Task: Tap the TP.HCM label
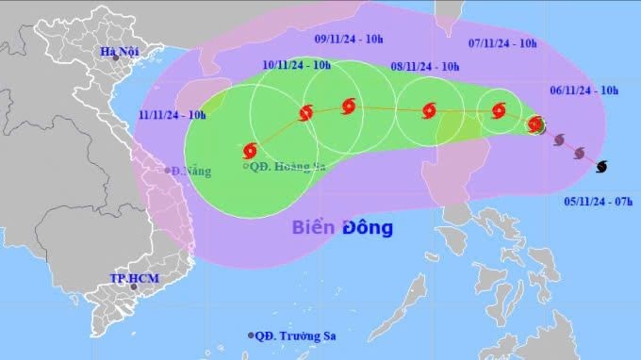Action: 131,279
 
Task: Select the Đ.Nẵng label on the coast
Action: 191,172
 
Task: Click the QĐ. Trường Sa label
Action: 296,335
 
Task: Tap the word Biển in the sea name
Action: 315,227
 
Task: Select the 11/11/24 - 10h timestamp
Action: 173,114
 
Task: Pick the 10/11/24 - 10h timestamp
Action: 297,64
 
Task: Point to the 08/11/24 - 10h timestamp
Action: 424,66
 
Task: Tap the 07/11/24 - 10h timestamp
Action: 502,42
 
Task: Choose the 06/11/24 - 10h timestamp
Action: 583,90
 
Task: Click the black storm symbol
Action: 601,166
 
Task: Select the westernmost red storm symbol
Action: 250,150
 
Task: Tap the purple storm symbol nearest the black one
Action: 579,153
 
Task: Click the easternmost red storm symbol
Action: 535,123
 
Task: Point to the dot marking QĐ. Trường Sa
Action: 251,335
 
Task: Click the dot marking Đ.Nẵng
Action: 167,171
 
